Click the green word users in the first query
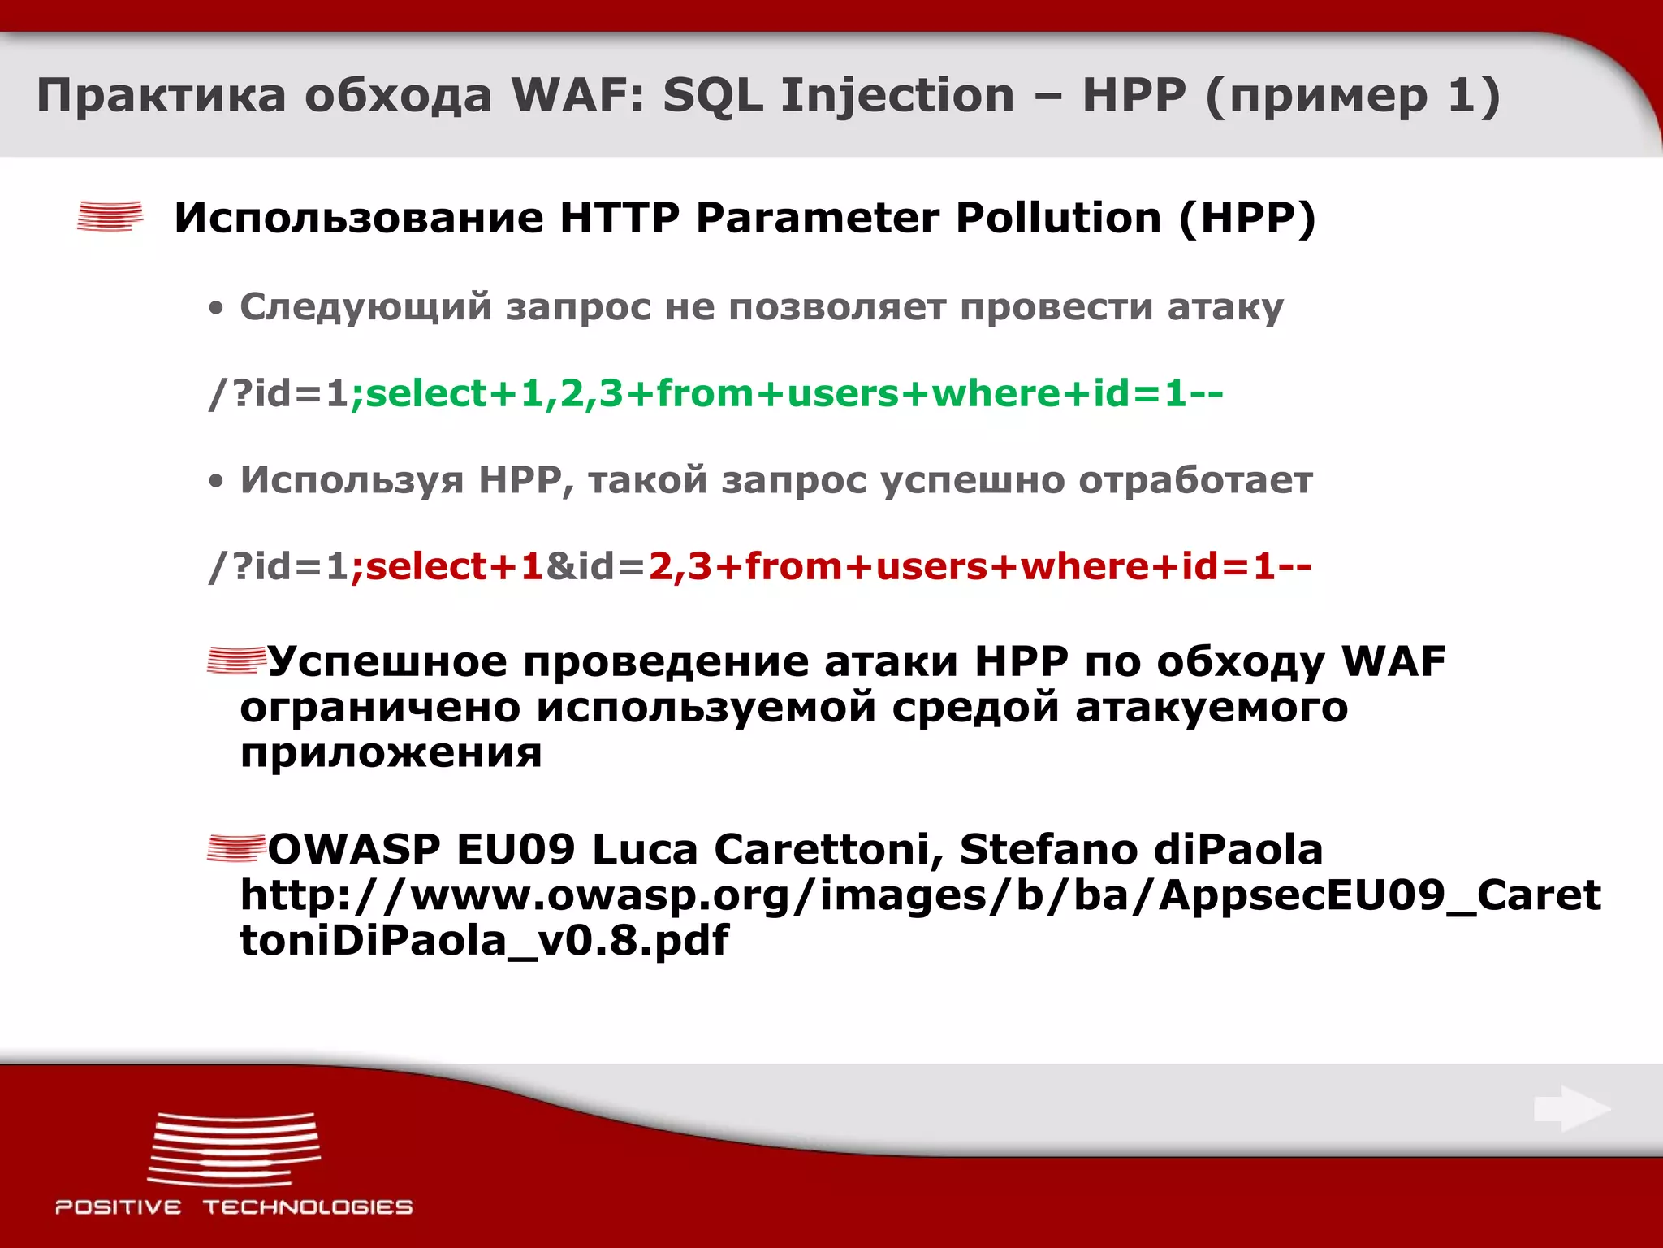click(x=842, y=394)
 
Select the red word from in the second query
click(x=794, y=566)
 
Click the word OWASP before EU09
click(x=354, y=850)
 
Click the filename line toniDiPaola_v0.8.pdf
click(x=484, y=941)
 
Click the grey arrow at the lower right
click(x=1571, y=1109)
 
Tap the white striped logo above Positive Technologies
click(x=235, y=1149)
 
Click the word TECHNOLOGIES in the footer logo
click(x=308, y=1207)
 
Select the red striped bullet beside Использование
click(x=110, y=217)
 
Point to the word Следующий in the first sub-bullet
click(x=365, y=307)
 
